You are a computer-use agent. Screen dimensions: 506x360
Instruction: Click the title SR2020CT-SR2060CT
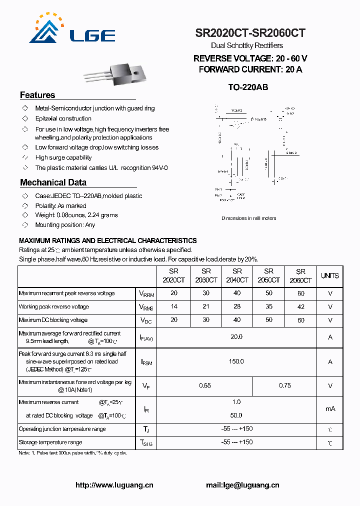[x=250, y=33]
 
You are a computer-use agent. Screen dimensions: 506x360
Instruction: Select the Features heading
[x=37, y=95]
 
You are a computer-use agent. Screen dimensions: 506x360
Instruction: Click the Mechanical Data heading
[x=53, y=182]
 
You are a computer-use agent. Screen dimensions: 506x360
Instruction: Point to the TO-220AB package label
[x=248, y=87]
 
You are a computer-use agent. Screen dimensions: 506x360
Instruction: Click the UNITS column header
[x=329, y=275]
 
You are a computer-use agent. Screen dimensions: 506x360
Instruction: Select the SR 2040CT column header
[x=236, y=275]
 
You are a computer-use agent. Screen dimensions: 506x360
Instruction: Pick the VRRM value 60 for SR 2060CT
[x=300, y=293]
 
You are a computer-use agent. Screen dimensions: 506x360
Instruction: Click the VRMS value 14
[x=173, y=307]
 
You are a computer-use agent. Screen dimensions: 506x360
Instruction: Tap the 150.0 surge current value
[x=236, y=361]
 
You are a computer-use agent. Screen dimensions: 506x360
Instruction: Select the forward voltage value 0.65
[x=205, y=385]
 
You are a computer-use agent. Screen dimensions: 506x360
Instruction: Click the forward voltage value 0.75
[x=285, y=385]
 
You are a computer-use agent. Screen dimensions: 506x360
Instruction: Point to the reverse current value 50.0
[x=236, y=415]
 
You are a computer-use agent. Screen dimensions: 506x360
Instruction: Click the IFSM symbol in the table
[x=146, y=362]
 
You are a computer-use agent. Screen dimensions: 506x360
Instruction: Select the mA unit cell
[x=330, y=408]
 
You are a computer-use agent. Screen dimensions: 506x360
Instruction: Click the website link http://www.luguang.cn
[x=114, y=485]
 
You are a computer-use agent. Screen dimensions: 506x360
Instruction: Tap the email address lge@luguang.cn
[x=242, y=485]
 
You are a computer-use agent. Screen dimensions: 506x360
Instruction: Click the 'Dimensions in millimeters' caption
[x=248, y=218]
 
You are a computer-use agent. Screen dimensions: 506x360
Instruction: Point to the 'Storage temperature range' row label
[x=50, y=442]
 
